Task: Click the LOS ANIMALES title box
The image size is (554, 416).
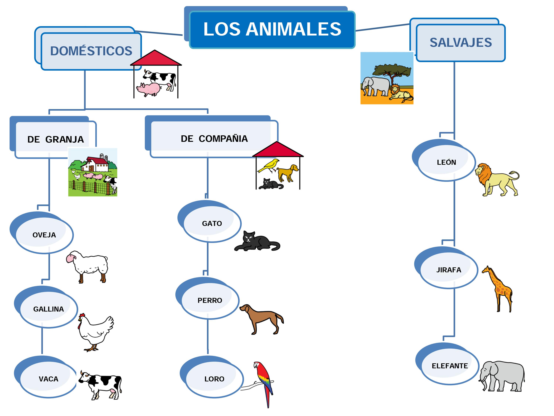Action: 272,29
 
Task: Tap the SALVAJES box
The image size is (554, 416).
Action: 460,43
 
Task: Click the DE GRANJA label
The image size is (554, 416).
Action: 56,139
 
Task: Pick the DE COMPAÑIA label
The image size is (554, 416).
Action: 214,139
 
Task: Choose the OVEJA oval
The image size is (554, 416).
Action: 44,235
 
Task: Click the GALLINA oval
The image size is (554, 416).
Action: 49,309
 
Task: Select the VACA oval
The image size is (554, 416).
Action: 48,379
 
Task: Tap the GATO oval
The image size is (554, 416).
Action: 212,223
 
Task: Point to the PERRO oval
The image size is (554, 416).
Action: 210,300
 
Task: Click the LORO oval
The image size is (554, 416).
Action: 214,379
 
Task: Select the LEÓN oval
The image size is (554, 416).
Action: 446,162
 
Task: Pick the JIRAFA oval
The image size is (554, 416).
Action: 449,270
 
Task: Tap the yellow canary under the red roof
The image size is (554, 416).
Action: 269,165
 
